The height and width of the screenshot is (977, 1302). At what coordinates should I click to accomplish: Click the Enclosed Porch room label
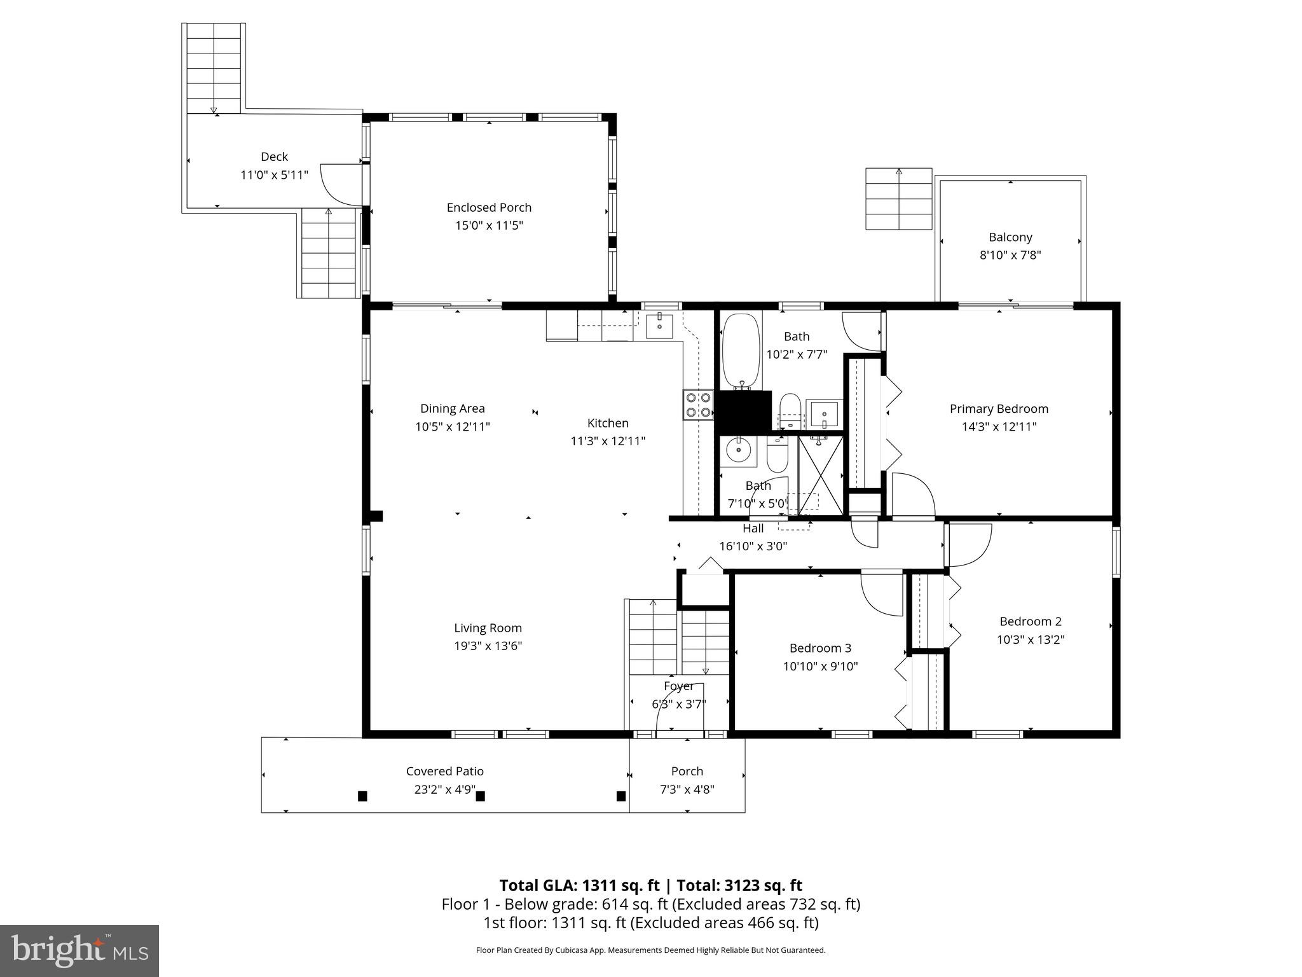point(489,207)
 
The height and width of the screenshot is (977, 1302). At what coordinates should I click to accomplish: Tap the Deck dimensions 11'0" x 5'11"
point(274,175)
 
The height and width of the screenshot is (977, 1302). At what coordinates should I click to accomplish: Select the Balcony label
point(1010,237)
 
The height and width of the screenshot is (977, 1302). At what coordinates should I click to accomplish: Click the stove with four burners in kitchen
point(697,405)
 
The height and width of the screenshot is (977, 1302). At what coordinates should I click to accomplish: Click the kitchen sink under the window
point(660,326)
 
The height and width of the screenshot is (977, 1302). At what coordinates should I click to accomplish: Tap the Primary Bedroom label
point(998,409)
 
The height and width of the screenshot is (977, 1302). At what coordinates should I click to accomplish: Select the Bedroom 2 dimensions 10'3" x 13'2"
point(1030,639)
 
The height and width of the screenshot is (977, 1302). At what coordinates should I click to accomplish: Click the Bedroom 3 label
point(820,648)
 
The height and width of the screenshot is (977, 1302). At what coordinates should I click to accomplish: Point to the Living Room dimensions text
point(488,646)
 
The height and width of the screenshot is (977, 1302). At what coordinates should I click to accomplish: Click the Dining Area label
point(452,408)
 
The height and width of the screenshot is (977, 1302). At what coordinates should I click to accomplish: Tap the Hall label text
point(753,528)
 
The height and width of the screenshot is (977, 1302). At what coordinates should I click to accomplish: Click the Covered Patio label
point(444,771)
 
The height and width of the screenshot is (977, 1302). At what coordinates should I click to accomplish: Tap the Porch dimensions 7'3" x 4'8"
point(687,789)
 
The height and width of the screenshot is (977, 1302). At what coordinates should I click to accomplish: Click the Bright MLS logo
point(79,950)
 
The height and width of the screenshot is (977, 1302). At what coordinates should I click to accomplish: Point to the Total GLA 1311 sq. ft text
point(579,885)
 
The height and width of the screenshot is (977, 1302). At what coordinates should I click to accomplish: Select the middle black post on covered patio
point(481,796)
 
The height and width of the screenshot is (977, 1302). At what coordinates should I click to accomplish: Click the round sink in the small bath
point(738,450)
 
